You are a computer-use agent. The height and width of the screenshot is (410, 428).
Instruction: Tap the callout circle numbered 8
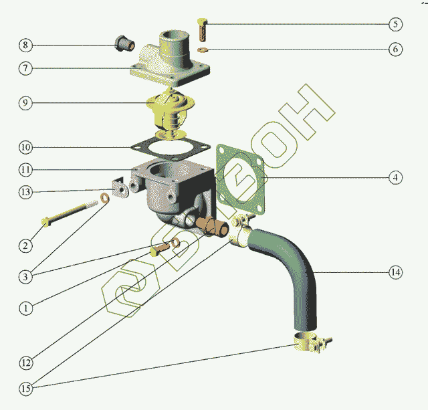tap(25, 45)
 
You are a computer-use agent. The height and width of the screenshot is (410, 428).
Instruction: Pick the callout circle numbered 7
tap(25, 68)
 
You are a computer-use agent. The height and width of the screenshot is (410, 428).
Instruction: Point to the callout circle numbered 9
tap(25, 103)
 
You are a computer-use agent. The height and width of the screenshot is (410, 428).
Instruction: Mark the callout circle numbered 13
tap(25, 192)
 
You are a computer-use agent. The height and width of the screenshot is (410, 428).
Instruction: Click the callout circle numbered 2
tap(25, 245)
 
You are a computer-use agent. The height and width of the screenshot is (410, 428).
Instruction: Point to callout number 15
tap(25, 388)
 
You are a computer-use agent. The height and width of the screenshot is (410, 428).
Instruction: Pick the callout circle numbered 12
tap(25, 363)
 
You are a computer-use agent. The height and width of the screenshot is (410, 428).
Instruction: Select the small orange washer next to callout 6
tap(203, 49)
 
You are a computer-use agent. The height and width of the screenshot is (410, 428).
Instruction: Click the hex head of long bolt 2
tap(45, 222)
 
